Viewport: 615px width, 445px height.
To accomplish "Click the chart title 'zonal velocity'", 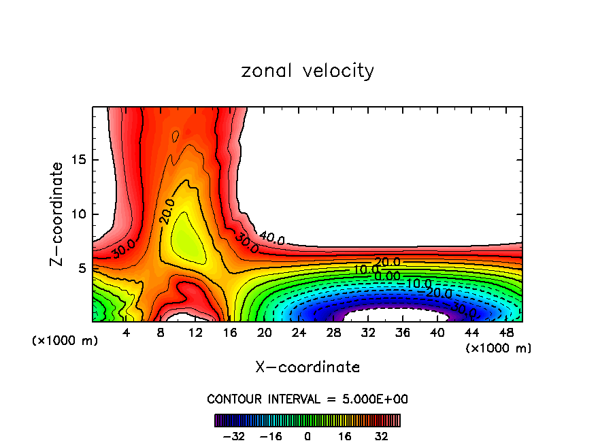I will [307, 71].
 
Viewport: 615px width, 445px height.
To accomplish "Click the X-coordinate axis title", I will [307, 367].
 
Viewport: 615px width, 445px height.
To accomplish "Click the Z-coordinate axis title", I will [57, 214].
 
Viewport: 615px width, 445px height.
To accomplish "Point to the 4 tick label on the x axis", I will [126, 332].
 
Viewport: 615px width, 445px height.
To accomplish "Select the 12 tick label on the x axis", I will [196, 332].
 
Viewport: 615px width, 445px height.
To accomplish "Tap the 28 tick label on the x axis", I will [333, 332].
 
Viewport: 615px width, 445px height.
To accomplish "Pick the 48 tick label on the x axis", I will [507, 332].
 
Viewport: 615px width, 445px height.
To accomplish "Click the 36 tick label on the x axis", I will [403, 332].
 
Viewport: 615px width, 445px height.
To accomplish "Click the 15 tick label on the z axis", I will [79, 160].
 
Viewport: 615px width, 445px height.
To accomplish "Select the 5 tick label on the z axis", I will [82, 268].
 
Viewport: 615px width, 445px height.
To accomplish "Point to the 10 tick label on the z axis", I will [79, 214].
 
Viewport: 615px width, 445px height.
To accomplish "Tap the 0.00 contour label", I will [387, 276].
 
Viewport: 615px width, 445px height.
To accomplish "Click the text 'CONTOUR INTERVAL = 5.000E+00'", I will [307, 399].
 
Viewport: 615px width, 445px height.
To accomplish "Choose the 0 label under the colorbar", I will [307, 436].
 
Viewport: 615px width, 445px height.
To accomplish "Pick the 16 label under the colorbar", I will [344, 436].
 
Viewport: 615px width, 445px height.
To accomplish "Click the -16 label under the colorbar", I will [271, 436].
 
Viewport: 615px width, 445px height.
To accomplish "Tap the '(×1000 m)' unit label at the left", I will [65, 341].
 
